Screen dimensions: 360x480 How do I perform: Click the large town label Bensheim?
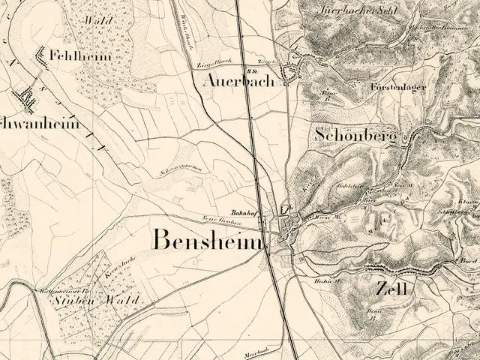point(209,240)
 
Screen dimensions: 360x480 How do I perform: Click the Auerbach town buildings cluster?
point(289,73)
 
